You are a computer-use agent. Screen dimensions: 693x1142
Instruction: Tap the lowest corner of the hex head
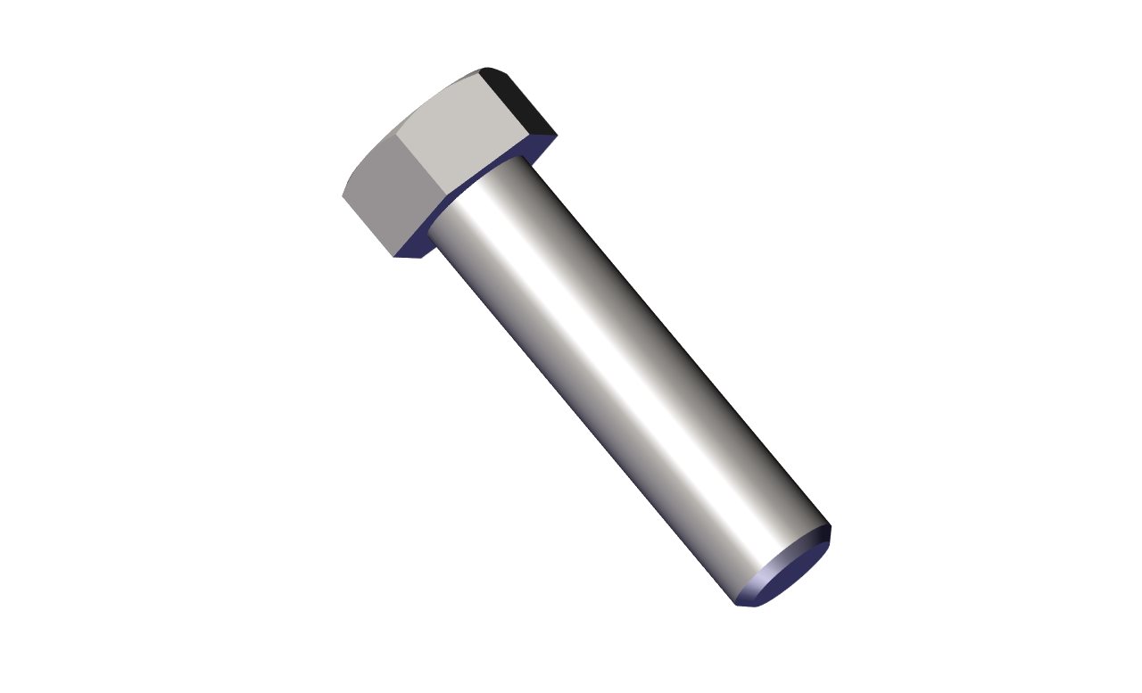[395, 258]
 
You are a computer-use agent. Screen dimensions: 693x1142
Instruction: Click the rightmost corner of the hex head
[557, 136]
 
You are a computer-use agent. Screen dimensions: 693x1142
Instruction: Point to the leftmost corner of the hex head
[343, 194]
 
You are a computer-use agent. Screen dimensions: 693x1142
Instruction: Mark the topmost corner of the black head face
[485, 68]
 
